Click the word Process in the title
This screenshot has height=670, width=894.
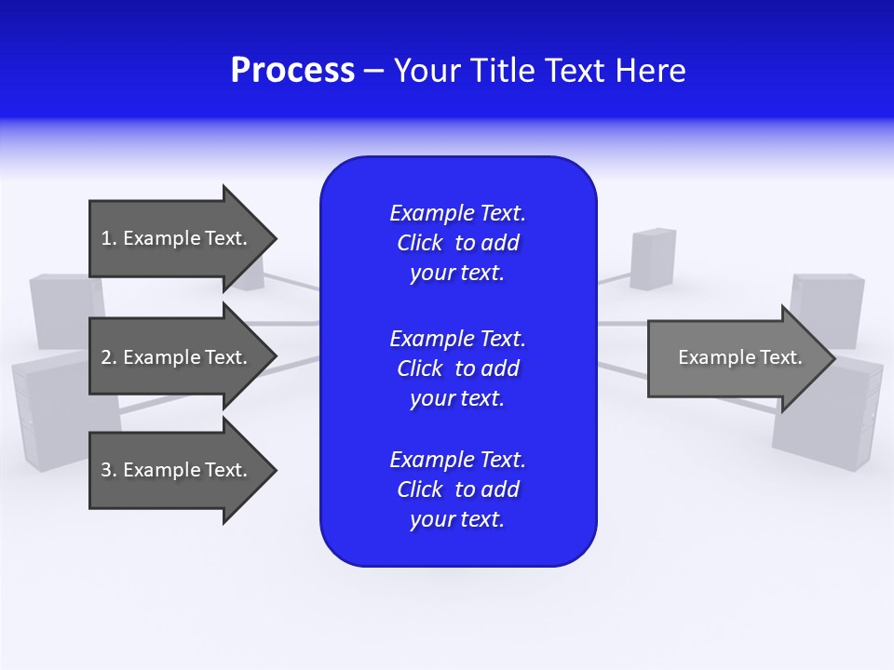292,71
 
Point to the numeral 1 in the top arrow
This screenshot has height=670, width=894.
106,238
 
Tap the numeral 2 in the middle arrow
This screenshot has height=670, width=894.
106,357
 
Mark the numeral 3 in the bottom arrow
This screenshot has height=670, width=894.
106,470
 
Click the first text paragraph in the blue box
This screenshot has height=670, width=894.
457,243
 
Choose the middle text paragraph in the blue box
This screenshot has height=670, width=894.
457,368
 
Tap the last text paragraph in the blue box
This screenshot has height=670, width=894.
457,489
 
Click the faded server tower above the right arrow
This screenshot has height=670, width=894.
653,259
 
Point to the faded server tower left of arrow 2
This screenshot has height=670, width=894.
56,307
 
